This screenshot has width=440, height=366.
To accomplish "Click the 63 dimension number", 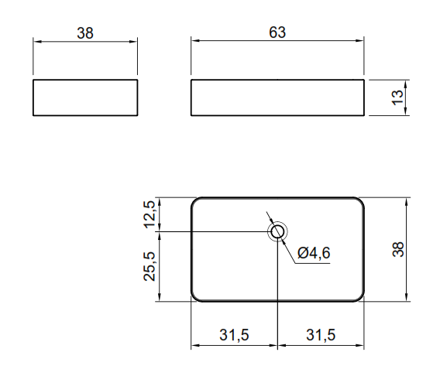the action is [x=277, y=32].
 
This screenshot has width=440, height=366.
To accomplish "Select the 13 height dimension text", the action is [x=397, y=97].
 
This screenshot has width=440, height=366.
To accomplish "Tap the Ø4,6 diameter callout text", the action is [x=314, y=253].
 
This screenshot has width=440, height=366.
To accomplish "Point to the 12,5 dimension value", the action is [x=150, y=214].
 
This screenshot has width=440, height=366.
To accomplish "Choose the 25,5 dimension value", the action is [x=150, y=266].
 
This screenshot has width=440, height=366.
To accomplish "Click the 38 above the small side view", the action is [x=85, y=33].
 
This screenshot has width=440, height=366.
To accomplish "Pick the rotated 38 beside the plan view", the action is [x=398, y=249].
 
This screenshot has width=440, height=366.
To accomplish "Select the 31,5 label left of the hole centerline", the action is [x=234, y=335].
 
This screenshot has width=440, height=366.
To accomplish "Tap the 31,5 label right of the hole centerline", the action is [x=321, y=335].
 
